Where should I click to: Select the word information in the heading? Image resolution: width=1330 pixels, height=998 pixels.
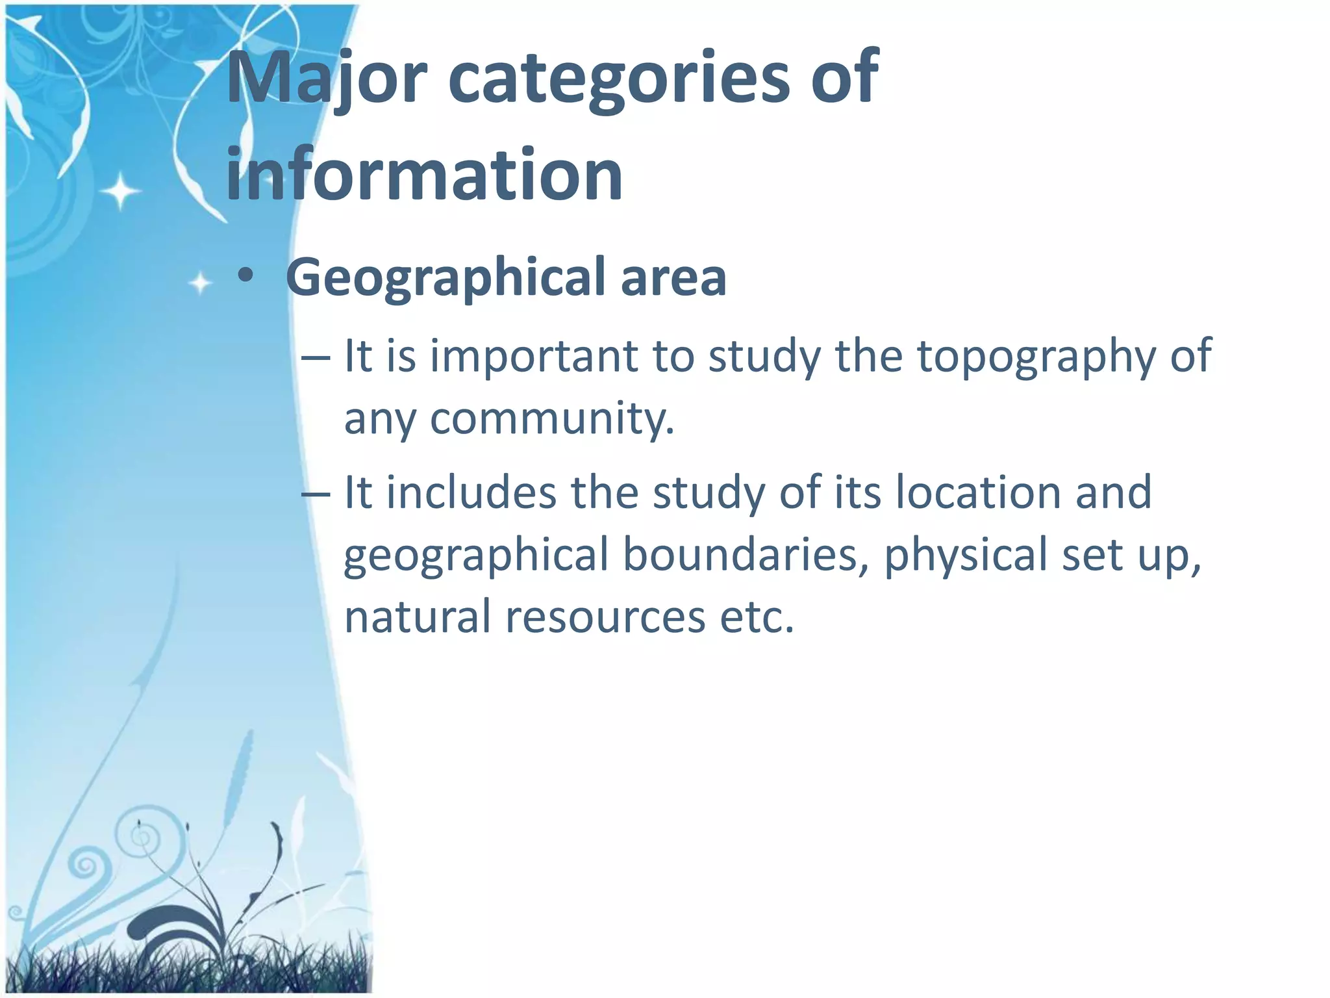point(424,174)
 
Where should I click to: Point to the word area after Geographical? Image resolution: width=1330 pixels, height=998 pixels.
point(673,278)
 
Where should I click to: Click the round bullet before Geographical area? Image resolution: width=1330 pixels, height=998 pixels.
point(245,277)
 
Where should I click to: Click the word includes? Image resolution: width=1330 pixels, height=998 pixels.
point(471,492)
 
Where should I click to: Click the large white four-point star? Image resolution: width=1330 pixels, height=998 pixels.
point(120,191)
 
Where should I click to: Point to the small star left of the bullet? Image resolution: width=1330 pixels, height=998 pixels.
point(200,283)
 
